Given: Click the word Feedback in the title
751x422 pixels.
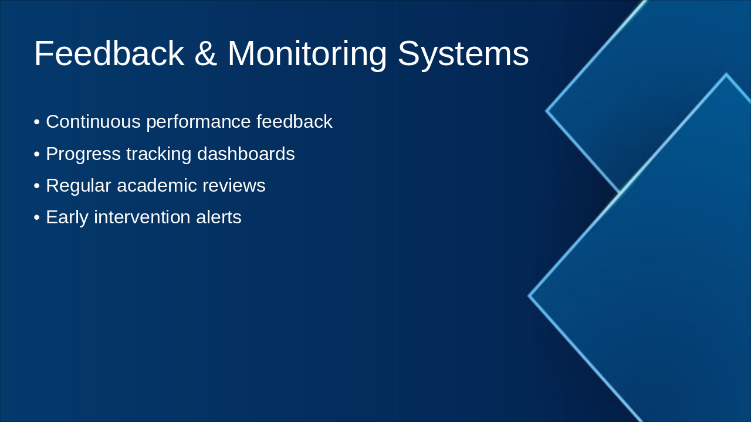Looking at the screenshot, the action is click(109, 53).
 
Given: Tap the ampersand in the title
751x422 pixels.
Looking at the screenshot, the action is click(205, 53).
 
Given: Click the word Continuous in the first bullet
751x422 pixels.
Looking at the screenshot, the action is click(93, 121).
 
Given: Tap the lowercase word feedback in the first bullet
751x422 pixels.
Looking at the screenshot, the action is click(295, 121).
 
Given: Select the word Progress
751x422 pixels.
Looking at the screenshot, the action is click(83, 155).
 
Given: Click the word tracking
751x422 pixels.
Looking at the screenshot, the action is click(159, 155).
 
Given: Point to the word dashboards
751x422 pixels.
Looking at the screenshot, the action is click(246, 154).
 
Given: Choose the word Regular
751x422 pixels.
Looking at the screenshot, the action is click(79, 186).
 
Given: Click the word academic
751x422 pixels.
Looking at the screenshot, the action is click(157, 185).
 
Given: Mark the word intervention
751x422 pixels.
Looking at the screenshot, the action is click(142, 217).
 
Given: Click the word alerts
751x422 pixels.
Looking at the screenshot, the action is click(219, 217).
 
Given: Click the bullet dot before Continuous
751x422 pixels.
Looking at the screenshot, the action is click(37, 122).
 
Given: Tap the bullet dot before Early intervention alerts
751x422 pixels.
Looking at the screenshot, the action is click(37, 217).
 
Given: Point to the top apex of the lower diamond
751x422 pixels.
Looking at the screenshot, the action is click(726, 73).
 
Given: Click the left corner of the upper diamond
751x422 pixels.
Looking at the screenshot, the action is click(546, 111).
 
